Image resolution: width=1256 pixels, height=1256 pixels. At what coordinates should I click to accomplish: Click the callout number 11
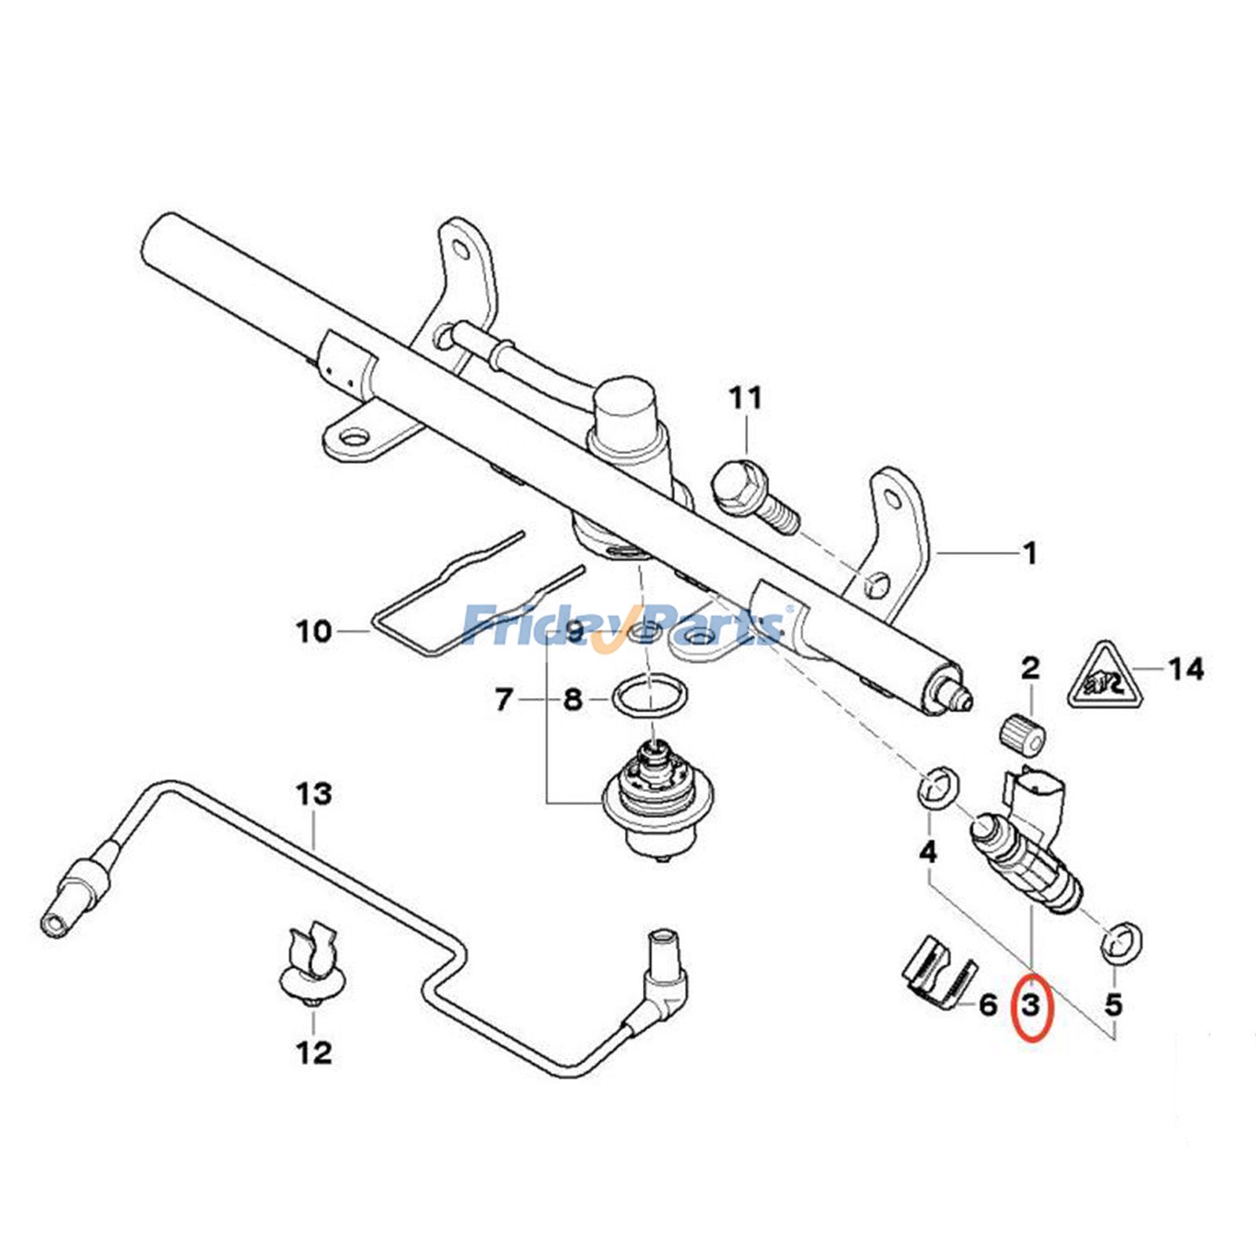pyautogui.click(x=745, y=398)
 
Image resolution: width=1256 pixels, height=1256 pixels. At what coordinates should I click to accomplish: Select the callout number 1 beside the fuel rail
pyautogui.click(x=1030, y=553)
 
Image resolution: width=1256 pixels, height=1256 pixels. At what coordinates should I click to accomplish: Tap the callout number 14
pyautogui.click(x=1185, y=669)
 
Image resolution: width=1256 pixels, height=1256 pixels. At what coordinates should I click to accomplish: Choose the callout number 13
pyautogui.click(x=314, y=794)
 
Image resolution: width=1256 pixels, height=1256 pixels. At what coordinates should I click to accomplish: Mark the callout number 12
pyautogui.click(x=314, y=1053)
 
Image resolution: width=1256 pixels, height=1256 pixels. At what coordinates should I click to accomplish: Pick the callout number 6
pyautogui.click(x=988, y=1004)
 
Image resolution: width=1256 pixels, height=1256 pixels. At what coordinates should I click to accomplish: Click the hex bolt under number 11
pyautogui.click(x=754, y=498)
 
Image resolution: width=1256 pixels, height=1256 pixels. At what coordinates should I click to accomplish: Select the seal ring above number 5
pyautogui.click(x=1122, y=942)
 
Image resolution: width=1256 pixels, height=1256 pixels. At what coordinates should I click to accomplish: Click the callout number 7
pyautogui.click(x=503, y=698)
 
